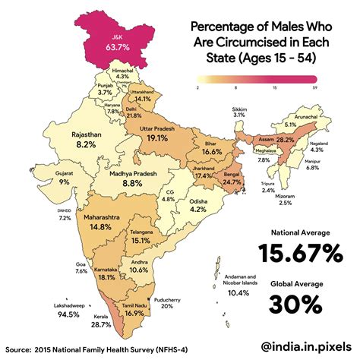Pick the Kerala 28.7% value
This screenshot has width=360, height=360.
tap(80, 325)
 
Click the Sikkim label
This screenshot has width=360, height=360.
tap(239, 110)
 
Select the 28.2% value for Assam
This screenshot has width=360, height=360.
tap(284, 141)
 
